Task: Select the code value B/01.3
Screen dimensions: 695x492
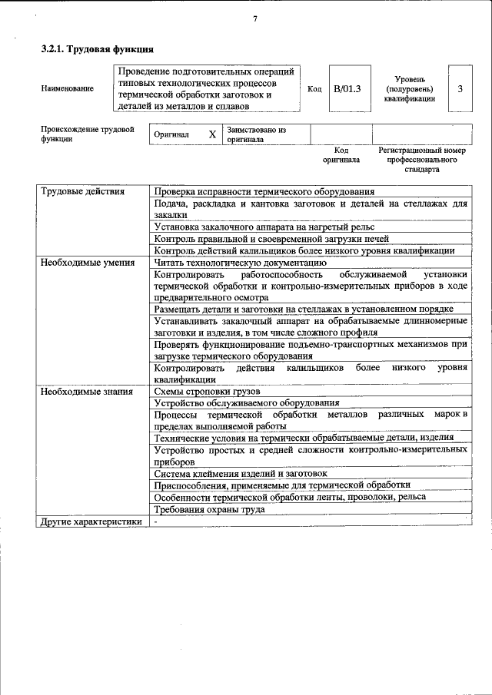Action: (x=347, y=89)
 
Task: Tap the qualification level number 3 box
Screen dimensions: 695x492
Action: (x=460, y=89)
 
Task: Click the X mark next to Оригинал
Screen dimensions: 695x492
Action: (x=212, y=134)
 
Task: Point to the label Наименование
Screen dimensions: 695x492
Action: (x=68, y=89)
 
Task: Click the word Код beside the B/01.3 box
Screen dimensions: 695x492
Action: (x=314, y=89)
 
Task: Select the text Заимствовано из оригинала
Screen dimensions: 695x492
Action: (x=256, y=134)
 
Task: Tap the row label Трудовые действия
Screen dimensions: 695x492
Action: (x=81, y=191)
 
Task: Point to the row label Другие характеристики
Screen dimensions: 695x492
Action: (x=91, y=521)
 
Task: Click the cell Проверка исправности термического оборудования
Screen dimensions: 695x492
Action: (x=264, y=191)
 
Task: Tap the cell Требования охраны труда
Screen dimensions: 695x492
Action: (x=209, y=509)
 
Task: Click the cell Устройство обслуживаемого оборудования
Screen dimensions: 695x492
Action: (x=246, y=403)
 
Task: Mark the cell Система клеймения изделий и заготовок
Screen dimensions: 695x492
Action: (x=241, y=474)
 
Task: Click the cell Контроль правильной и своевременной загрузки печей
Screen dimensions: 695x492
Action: (x=271, y=238)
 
